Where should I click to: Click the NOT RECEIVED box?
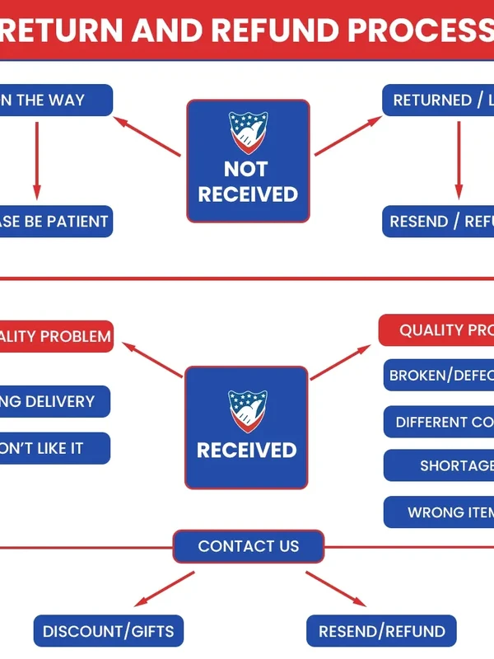point(248,161)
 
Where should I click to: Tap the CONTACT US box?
point(248,546)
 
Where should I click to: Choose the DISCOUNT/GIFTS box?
point(109,632)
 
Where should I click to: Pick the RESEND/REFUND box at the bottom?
point(381,632)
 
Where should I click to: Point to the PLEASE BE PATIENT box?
point(54,222)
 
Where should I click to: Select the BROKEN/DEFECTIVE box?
point(440,376)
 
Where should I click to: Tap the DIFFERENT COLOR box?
point(440,422)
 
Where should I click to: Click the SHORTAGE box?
point(440,465)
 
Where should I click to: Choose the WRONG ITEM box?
point(440,512)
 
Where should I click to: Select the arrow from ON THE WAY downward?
point(37,161)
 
